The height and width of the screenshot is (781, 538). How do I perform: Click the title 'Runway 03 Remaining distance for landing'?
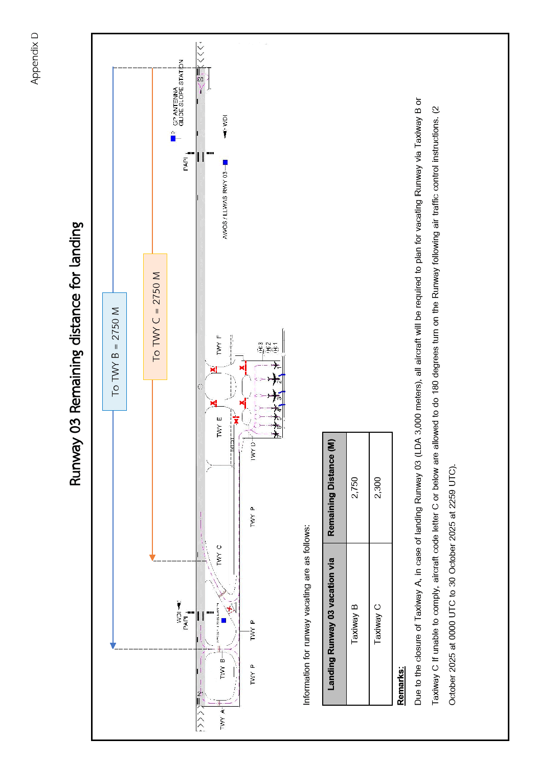tap(76, 353)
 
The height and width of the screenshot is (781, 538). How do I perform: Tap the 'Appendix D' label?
tap(34, 58)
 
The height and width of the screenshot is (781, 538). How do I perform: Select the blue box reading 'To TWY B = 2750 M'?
tap(115, 351)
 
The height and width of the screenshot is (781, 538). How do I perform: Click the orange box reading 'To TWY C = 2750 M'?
tap(155, 316)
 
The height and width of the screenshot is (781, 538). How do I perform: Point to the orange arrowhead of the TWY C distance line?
tap(152, 557)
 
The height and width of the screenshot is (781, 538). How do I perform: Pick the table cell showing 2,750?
tap(355, 488)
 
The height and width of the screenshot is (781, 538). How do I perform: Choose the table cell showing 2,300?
tap(377, 488)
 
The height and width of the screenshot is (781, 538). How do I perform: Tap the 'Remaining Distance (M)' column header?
tap(331, 488)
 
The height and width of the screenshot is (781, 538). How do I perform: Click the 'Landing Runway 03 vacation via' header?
tap(331, 624)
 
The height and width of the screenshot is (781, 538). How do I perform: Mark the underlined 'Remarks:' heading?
tap(401, 685)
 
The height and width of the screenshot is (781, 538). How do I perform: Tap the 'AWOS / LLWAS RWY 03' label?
tap(225, 204)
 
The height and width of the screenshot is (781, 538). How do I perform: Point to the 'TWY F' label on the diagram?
tap(219, 345)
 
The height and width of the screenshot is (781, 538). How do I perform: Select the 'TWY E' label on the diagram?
tap(219, 427)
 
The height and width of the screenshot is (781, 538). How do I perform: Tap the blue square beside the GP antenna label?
tap(173, 138)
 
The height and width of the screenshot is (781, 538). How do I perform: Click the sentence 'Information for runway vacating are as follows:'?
tap(306, 615)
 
